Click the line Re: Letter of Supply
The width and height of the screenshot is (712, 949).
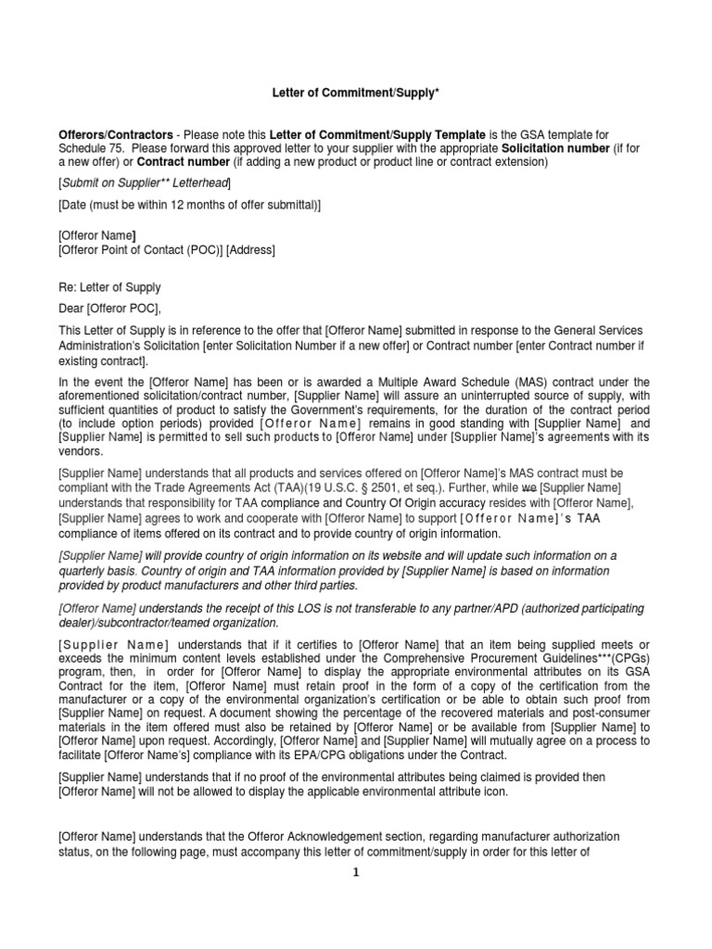(108, 287)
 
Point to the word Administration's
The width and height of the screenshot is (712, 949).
(101, 346)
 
